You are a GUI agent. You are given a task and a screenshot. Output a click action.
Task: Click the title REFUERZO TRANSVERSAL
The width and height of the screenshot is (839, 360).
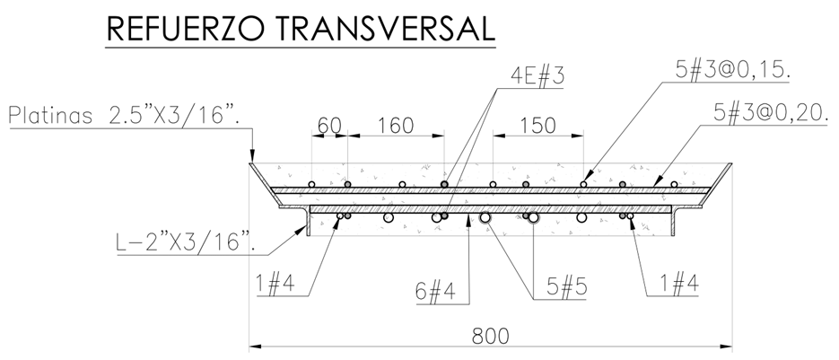pyautogui.click(x=301, y=29)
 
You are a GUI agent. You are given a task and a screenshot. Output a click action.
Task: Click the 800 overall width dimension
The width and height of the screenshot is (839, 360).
pyautogui.click(x=491, y=337)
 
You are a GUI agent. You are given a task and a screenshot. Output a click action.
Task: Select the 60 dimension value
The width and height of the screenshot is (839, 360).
pyautogui.click(x=329, y=126)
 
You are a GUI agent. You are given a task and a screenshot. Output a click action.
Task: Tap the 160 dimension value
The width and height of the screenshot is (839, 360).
pyautogui.click(x=396, y=126)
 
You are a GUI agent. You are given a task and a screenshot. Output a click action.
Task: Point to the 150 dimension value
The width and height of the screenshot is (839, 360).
pyautogui.click(x=537, y=126)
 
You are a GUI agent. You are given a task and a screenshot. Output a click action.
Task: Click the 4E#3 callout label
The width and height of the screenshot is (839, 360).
pyautogui.click(x=537, y=76)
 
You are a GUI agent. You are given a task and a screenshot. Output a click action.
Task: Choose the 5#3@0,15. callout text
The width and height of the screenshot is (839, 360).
pyautogui.click(x=733, y=71)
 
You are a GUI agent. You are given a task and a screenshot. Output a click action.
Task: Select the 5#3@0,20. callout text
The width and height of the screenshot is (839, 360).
pyautogui.click(x=771, y=113)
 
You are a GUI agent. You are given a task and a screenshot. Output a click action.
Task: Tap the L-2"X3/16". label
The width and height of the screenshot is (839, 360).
pyautogui.click(x=185, y=242)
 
